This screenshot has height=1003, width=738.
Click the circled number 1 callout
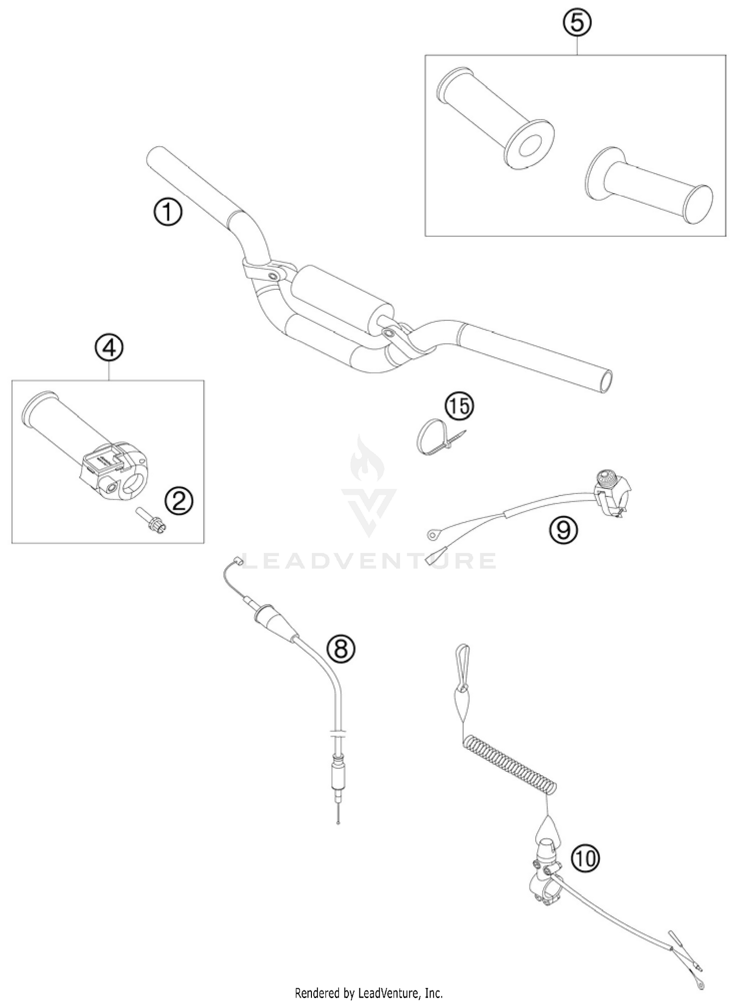tap(167, 213)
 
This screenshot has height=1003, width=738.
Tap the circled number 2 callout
tap(179, 501)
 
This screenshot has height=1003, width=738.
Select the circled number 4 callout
tap(109, 348)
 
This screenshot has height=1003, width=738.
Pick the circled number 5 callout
tap(577, 23)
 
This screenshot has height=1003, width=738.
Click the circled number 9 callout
tap(564, 530)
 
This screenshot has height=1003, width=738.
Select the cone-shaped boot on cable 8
tap(276, 622)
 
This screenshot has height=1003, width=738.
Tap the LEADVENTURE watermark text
tap(369, 561)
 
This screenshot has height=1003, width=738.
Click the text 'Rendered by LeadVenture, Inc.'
tap(369, 993)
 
